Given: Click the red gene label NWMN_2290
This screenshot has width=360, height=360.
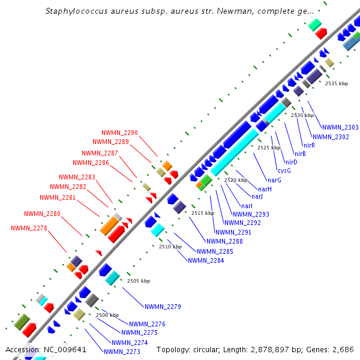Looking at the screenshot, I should point(119,133).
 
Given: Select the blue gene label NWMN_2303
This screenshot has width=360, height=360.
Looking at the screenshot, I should point(340,127).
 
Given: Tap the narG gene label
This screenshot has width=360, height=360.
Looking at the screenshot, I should point(274,180).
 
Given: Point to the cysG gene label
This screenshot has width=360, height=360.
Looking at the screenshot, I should point(284,170).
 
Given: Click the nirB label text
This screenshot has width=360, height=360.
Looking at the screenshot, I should point(300,154).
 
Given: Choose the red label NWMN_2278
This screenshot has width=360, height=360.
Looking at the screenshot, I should point(29,228).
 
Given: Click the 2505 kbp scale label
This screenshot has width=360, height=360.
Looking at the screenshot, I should point(139,281).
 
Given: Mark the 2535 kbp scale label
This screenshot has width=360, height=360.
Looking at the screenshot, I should point(337,83).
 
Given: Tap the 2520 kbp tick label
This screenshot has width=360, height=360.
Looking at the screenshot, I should point(236,180).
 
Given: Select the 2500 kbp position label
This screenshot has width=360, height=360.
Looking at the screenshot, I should point(107,315).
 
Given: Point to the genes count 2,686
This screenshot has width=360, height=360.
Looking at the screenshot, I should point(344,349).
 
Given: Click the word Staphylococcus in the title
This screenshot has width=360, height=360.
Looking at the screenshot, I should point(74,11).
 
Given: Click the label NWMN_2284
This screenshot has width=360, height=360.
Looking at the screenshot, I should point(206,260).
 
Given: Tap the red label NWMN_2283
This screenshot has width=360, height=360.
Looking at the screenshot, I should point(77,177).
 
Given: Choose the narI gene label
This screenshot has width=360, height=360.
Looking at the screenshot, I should point(246,206).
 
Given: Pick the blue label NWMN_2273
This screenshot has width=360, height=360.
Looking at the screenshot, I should point(122,352).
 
